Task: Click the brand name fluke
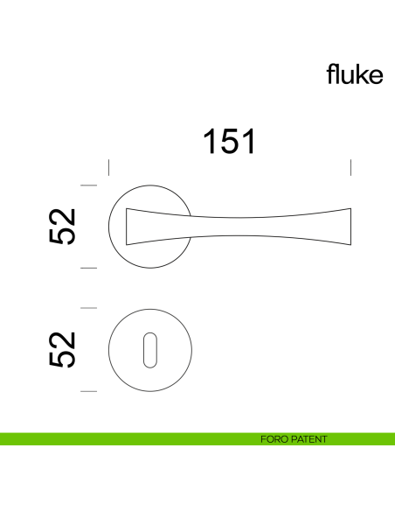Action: (355, 74)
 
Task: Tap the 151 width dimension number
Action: (229, 141)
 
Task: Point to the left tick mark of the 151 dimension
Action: (107, 167)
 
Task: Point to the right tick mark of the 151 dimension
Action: (350, 167)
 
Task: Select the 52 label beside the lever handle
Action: (64, 227)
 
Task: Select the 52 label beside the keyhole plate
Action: (64, 349)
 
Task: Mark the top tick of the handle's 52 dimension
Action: (87, 185)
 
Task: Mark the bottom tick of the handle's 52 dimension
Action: (87, 269)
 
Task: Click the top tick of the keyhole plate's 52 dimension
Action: (87, 308)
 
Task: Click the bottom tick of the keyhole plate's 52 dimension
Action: (87, 391)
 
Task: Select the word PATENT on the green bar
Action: (310, 439)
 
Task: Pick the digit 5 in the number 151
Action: (229, 141)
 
